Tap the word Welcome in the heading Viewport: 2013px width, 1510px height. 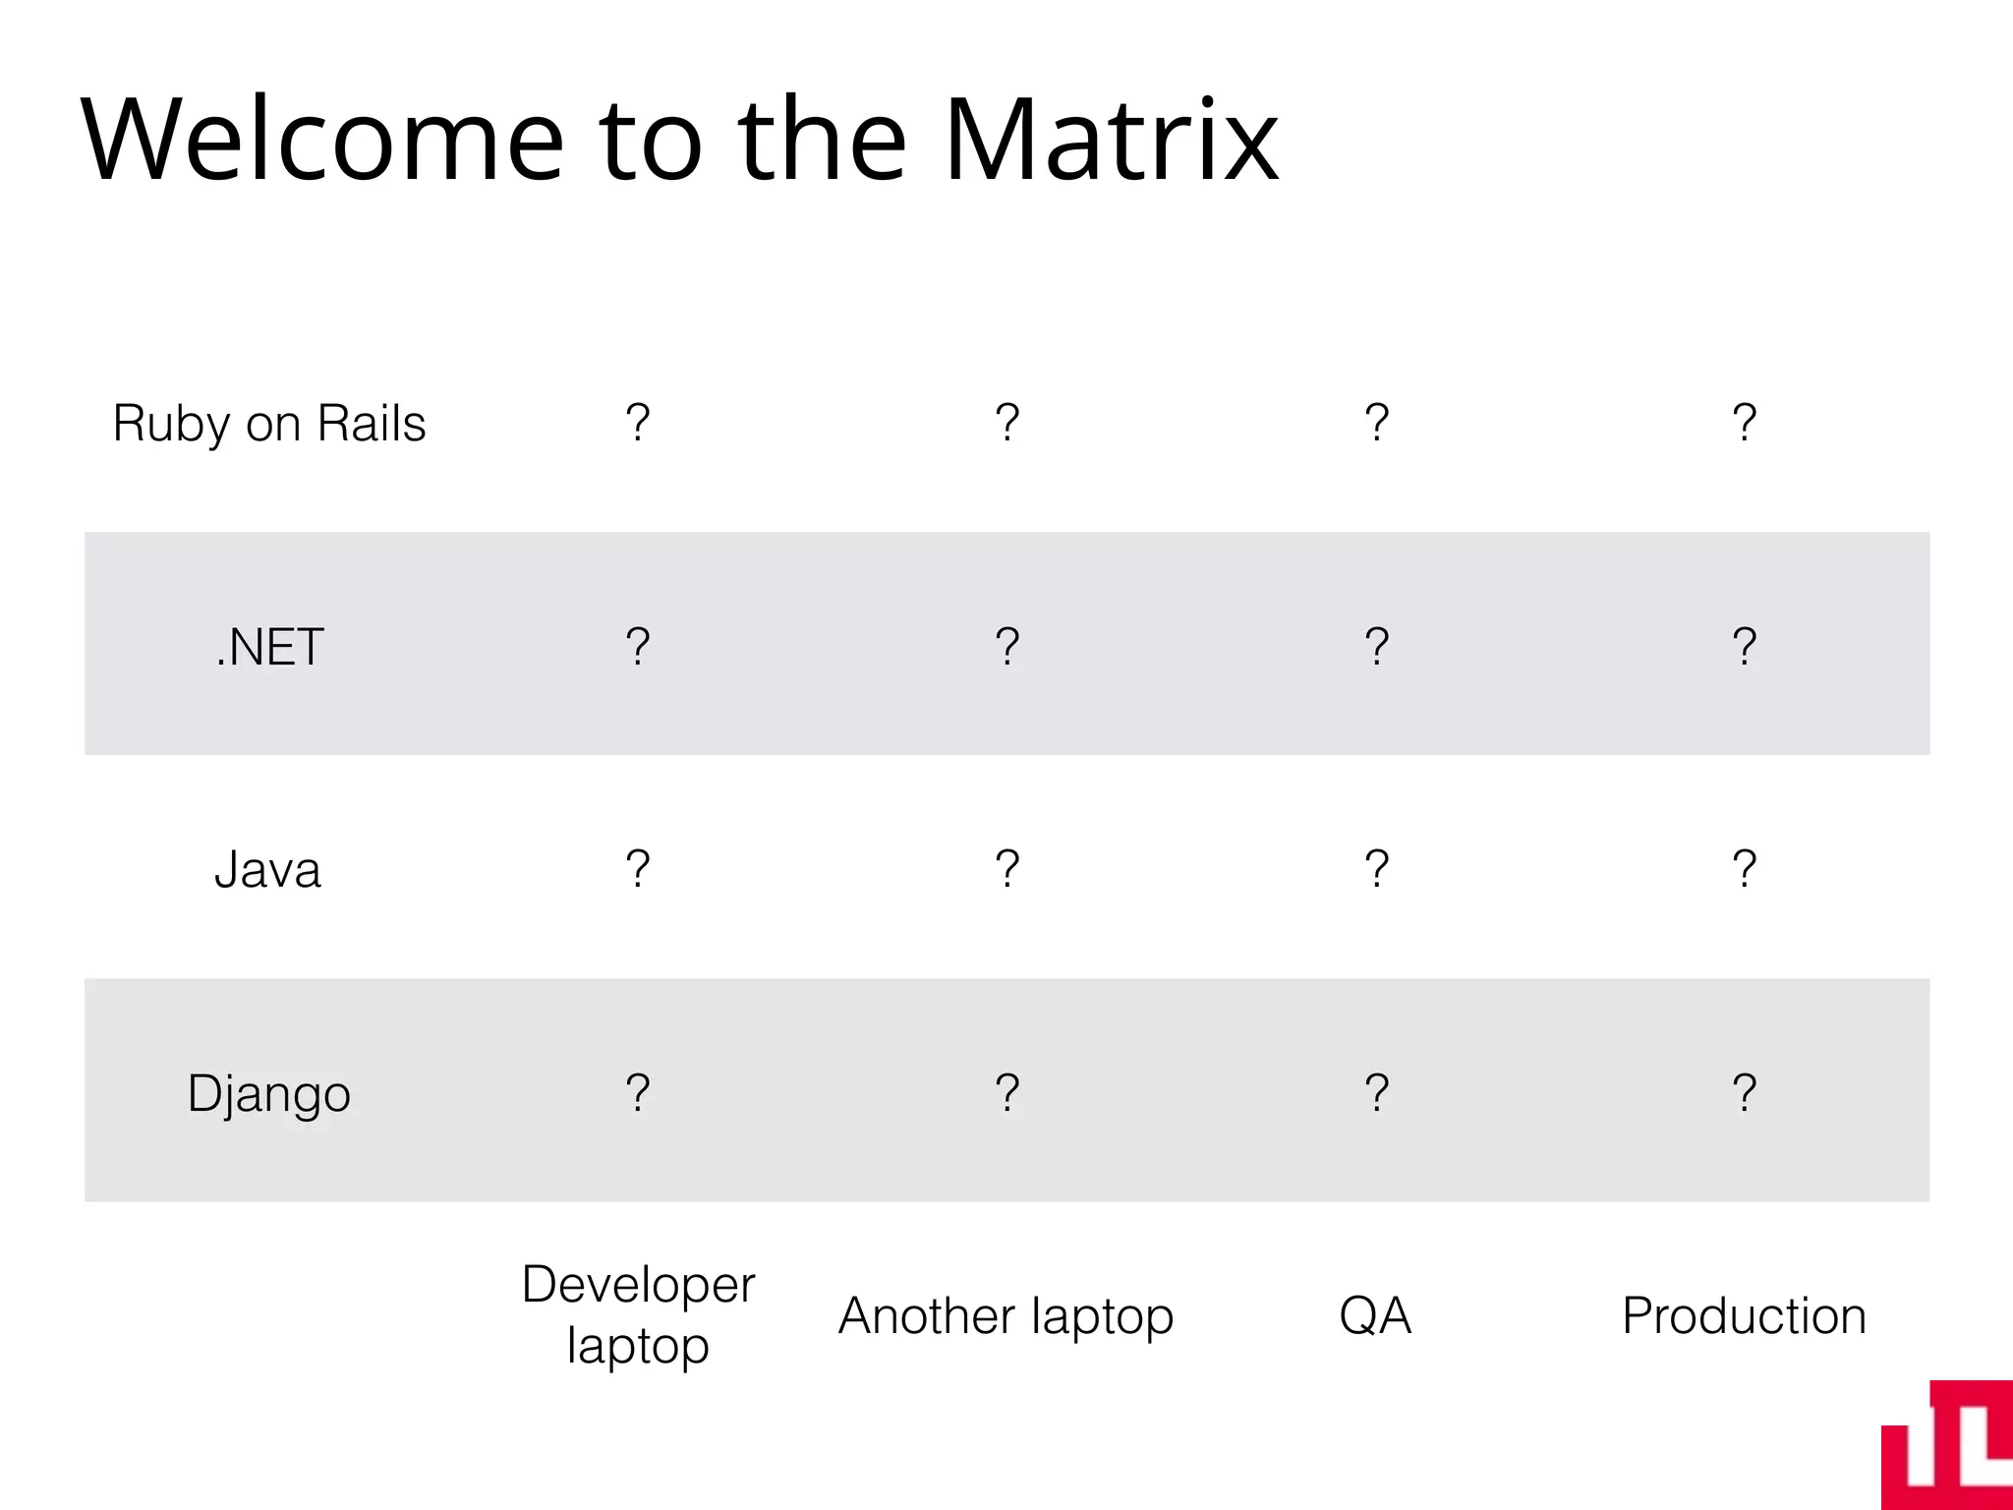pyautogui.click(x=322, y=140)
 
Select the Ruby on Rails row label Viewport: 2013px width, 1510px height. pyautogui.click(x=269, y=424)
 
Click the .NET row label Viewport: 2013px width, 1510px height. pyautogui.click(x=269, y=647)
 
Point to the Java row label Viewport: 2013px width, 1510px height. pyautogui.click(x=267, y=870)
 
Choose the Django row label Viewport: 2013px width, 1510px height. pyautogui.click(x=268, y=1093)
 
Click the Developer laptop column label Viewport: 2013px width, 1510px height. pyautogui.click(x=638, y=1314)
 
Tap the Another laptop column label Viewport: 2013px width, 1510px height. pyautogui.click(x=1006, y=1315)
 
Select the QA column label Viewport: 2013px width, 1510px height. pyautogui.click(x=1375, y=1315)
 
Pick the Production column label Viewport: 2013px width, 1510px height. pyautogui.click(x=1744, y=1315)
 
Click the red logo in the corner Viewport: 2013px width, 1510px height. pyautogui.click(x=1948, y=1447)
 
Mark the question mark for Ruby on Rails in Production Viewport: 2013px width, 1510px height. pyautogui.click(x=1744, y=423)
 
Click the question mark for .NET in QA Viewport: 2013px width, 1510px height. pyautogui.click(x=1376, y=646)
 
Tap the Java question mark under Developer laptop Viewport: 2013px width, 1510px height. pyautogui.click(x=638, y=869)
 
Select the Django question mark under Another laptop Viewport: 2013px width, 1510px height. pyautogui.click(x=1006, y=1092)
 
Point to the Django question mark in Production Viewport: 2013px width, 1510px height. pyautogui.click(x=1744, y=1092)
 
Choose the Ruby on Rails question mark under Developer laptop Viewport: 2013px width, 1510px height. pyautogui.click(x=638, y=423)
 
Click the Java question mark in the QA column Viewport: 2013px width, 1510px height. pyautogui.click(x=1376, y=869)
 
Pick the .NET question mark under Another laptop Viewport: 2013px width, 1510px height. pyautogui.click(x=1006, y=646)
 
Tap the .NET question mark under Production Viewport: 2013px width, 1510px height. pyautogui.click(x=1744, y=646)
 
